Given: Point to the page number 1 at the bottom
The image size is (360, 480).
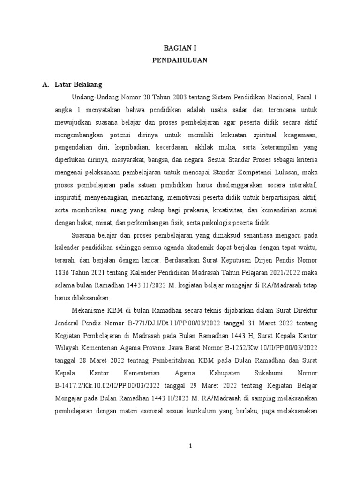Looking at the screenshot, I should tap(190, 446).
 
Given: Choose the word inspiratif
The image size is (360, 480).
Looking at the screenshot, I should tap(69, 197).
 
